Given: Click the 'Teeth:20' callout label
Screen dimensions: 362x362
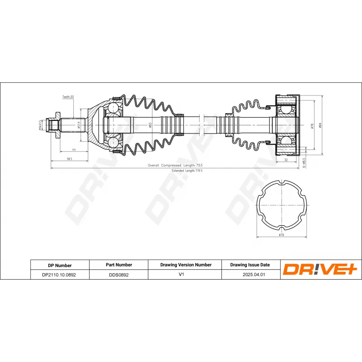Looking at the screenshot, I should tap(68, 97).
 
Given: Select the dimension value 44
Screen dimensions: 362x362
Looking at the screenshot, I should tap(73, 150).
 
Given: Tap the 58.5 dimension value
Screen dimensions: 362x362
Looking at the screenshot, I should tap(69, 159).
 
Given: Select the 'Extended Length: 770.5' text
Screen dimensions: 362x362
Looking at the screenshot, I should tap(187, 171).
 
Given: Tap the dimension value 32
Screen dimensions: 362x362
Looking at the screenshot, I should tap(286, 160).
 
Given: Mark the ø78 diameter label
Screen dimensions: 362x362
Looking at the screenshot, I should tap(312, 126).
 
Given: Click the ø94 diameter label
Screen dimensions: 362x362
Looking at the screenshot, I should tap(320, 125).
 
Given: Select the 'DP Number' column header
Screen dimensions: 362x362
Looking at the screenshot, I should tap(59, 265).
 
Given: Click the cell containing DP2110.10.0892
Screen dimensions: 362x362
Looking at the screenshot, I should tap(59, 275).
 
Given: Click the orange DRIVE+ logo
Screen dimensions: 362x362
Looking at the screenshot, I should tap(320, 270).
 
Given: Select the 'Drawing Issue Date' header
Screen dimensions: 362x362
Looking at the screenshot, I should tap(250, 265).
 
